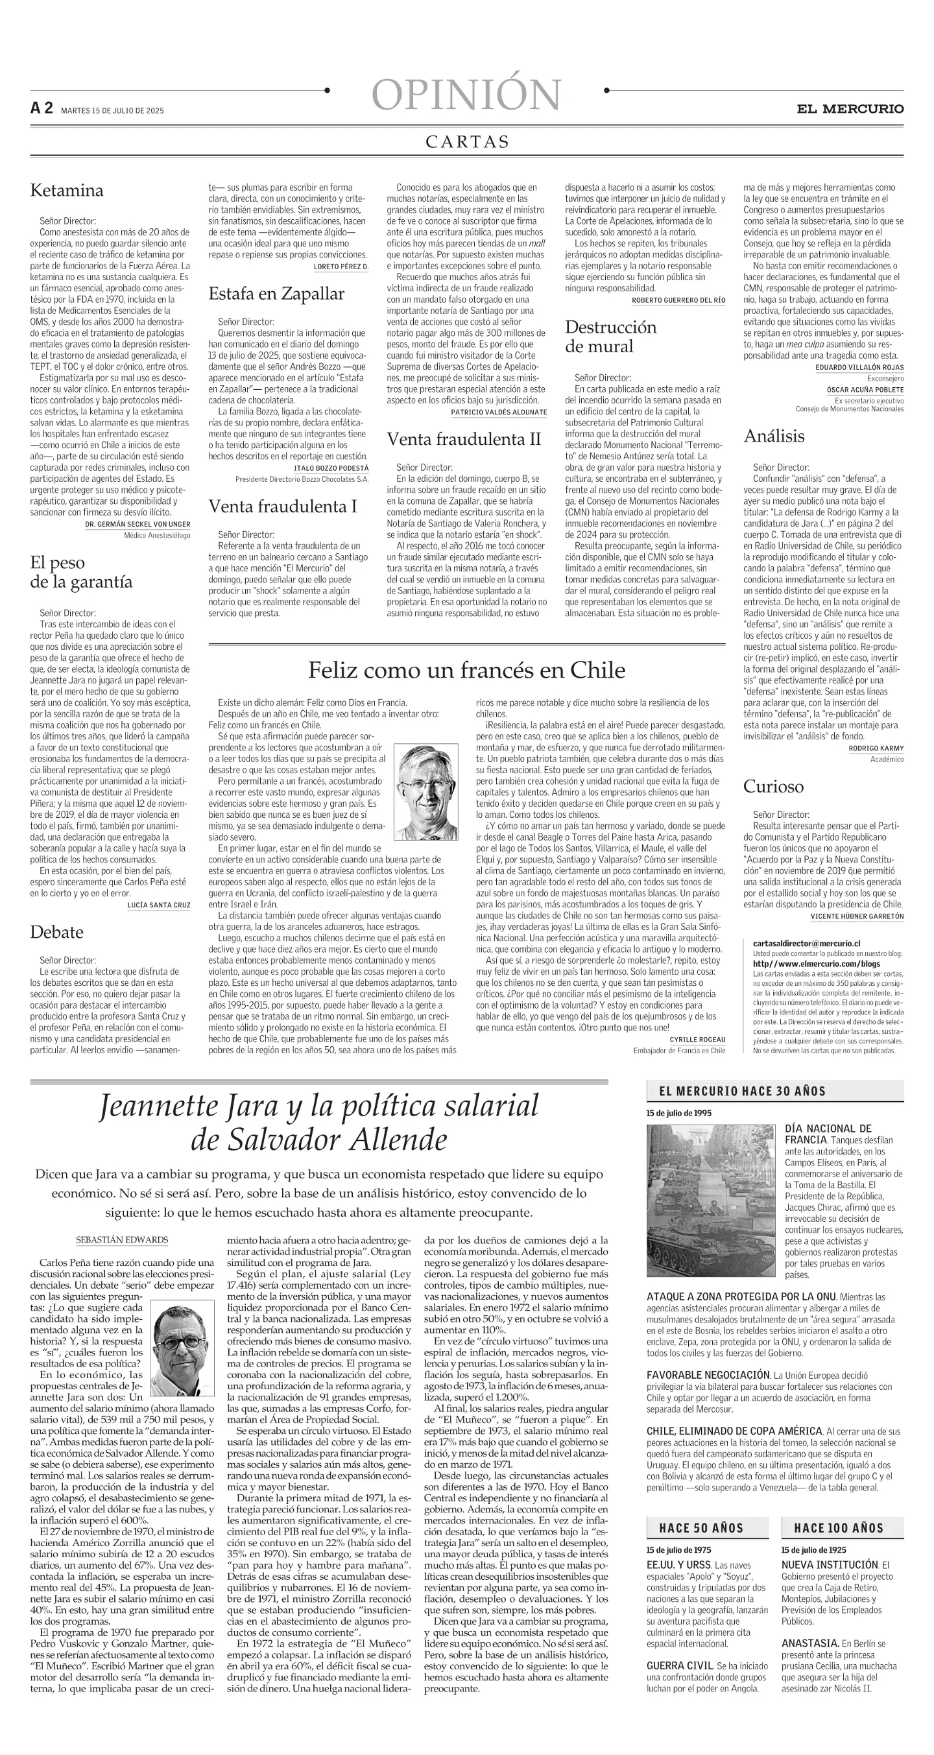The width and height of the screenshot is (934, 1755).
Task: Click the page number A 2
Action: point(42,108)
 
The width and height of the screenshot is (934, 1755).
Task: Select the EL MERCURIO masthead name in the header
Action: point(850,109)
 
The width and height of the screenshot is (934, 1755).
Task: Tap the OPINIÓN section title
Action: point(466,95)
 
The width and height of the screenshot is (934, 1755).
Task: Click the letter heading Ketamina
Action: point(67,190)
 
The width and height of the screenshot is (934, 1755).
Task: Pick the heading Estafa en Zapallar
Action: point(276,294)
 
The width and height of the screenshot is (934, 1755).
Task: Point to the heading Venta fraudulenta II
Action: point(464,440)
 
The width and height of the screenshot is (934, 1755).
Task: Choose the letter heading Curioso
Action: point(773,786)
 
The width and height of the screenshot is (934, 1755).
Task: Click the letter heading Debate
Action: point(56,932)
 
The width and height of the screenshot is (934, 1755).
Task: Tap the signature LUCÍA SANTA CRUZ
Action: point(159,905)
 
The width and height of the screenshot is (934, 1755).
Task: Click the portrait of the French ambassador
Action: point(427,793)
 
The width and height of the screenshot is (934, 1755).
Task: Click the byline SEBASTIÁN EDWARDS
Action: point(122,1240)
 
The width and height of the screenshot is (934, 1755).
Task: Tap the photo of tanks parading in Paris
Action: point(710,1200)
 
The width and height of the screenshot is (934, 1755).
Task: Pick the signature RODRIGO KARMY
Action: point(876,748)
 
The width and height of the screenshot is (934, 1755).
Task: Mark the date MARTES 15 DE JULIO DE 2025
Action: point(112,110)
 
